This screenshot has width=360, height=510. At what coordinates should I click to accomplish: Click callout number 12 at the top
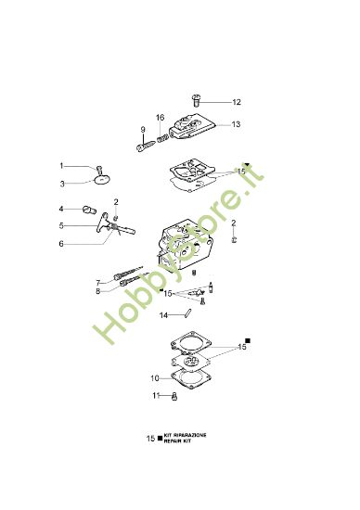pos(237,102)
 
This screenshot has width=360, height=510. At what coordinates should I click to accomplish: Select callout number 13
pos(237,124)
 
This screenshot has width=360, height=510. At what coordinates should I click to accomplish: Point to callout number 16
pos(160,118)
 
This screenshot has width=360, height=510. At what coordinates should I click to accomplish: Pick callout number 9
pos(143,129)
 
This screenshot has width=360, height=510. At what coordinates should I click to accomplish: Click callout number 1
pos(63,166)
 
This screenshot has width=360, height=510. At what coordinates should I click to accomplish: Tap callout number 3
pos(63,183)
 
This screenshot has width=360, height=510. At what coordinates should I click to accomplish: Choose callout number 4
pos(62,209)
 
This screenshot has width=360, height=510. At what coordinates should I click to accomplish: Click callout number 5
pos(62,225)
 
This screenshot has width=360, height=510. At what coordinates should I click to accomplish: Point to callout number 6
pos(62,244)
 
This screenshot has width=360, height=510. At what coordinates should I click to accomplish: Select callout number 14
pos(164,315)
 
